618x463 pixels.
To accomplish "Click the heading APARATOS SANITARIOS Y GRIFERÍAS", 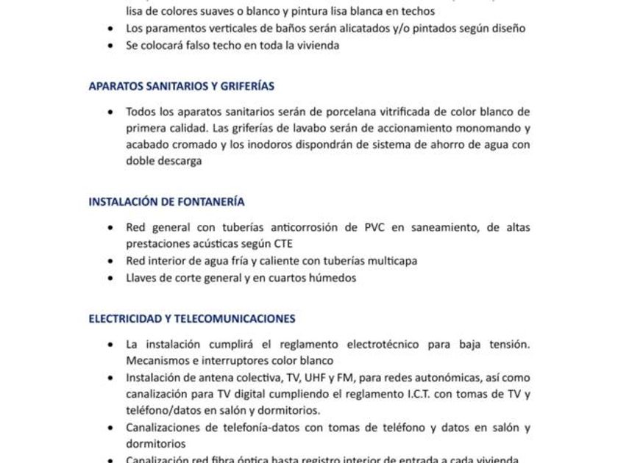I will click(x=181, y=86).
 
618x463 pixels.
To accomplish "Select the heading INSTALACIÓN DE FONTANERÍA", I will click(x=166, y=201).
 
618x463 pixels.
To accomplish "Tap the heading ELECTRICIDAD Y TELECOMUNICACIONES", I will click(x=192, y=319).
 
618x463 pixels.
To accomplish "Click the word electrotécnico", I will click(x=368, y=344).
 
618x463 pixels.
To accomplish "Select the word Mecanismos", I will click(x=159, y=360).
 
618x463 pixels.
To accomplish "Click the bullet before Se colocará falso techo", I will click(x=110, y=46).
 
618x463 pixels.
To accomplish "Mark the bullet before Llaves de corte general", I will click(x=110, y=279).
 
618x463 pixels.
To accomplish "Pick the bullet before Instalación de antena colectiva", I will click(x=110, y=378).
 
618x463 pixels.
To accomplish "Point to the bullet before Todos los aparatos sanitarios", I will click(x=110, y=112).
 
